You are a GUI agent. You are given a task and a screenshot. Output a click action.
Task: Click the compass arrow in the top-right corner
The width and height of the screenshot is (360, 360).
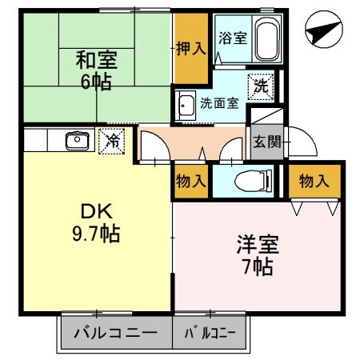pyautogui.click(x=324, y=33)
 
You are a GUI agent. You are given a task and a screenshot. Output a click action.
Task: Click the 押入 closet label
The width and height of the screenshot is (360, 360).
pyautogui.click(x=191, y=49)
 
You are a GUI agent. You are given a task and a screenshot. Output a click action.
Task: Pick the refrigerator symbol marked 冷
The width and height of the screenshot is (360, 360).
pyautogui.click(x=112, y=141)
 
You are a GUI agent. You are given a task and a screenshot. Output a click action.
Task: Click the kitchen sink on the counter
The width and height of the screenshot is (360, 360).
pyautogui.click(x=77, y=141)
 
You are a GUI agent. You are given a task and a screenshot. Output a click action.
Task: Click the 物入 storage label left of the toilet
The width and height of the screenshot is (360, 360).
pyautogui.click(x=191, y=182)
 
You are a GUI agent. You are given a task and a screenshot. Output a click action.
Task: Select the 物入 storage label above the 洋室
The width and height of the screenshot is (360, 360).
pyautogui.click(x=314, y=182)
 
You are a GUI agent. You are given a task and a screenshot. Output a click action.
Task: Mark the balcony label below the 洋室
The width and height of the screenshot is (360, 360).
pyautogui.click(x=211, y=332)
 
